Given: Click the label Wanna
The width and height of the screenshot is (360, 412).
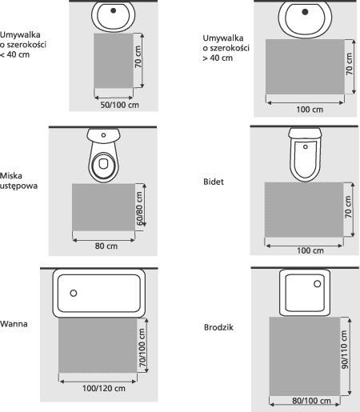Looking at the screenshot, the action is click(14, 324).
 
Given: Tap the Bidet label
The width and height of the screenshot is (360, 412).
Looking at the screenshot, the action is click(214, 182).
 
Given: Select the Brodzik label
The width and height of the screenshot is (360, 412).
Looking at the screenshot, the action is click(218, 327).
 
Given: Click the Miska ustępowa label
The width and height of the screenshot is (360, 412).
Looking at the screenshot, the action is click(18, 181).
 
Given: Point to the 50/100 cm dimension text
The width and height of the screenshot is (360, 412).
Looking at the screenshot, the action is click(120, 105).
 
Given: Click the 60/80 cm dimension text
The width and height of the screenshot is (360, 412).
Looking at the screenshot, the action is click(139, 209).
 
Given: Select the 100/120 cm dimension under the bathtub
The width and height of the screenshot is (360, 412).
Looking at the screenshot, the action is click(104, 388).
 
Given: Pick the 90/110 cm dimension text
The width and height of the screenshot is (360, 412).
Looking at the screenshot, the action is click(344, 350).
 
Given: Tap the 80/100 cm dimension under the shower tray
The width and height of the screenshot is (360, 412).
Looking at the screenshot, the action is click(311, 401).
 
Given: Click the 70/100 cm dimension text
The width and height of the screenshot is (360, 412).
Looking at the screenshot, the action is click(142, 347).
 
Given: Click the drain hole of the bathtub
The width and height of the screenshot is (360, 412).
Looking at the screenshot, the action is click(74, 293).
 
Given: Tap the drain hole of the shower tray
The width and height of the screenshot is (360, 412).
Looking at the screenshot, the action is click(317, 284).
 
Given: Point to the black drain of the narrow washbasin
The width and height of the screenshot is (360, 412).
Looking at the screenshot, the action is click(114, 10).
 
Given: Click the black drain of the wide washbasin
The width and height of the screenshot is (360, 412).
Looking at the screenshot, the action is click(305, 12).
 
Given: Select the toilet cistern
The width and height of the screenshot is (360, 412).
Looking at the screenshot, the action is click(103, 135).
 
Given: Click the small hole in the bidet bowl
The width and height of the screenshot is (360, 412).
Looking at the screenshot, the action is click(306, 146).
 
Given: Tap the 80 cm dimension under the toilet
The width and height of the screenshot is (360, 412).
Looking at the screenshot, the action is click(106, 246).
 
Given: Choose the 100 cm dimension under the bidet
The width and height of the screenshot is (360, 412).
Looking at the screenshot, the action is click(310, 250).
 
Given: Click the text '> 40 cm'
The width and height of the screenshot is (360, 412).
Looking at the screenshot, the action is click(218, 58).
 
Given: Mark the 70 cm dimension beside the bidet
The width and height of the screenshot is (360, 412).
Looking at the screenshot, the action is click(348, 206).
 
